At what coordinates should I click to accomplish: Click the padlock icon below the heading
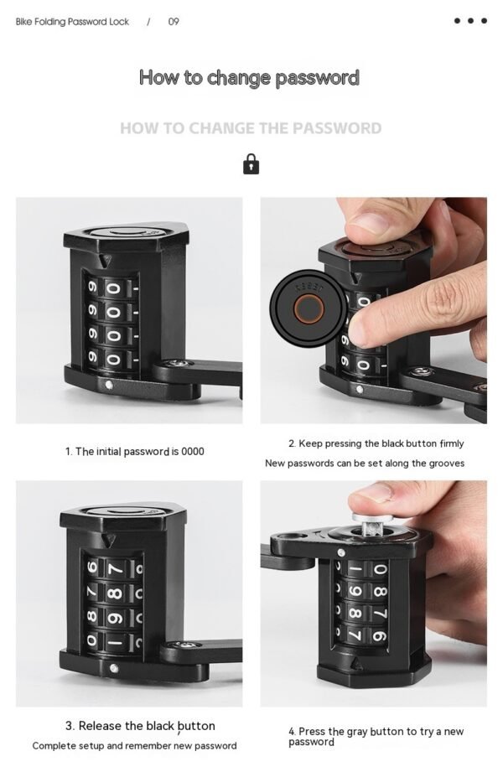click(x=251, y=163)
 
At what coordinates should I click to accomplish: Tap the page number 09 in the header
click(x=174, y=22)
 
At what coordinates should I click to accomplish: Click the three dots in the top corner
click(x=470, y=21)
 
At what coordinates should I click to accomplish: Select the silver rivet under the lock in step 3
click(x=113, y=668)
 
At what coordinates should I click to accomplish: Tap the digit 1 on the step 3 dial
click(x=117, y=643)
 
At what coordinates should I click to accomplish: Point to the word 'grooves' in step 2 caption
click(x=445, y=463)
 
